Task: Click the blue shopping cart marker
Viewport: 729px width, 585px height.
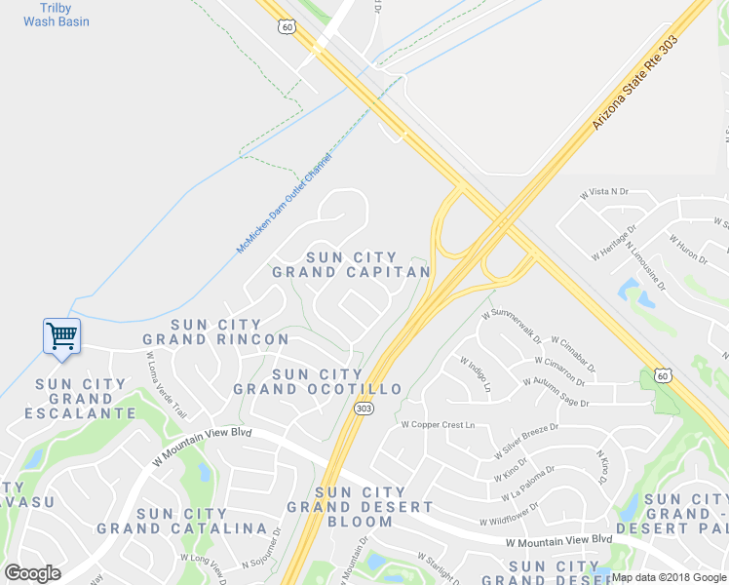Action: pyautogui.click(x=61, y=337)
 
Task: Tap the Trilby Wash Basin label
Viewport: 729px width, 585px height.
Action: pyautogui.click(x=57, y=14)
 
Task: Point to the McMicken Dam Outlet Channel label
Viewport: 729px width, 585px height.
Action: pyautogui.click(x=284, y=204)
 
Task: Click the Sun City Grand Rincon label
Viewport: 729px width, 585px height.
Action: pyautogui.click(x=215, y=331)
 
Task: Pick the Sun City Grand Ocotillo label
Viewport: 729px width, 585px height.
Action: pyautogui.click(x=318, y=381)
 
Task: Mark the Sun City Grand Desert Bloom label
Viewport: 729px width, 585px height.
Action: pyautogui.click(x=360, y=507)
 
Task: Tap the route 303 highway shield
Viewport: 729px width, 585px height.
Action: pyautogui.click(x=364, y=409)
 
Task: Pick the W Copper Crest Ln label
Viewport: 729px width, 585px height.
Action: pyautogui.click(x=438, y=424)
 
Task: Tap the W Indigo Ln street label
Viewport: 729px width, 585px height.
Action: pyautogui.click(x=474, y=374)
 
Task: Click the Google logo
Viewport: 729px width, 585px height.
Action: pyautogui.click(x=31, y=572)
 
